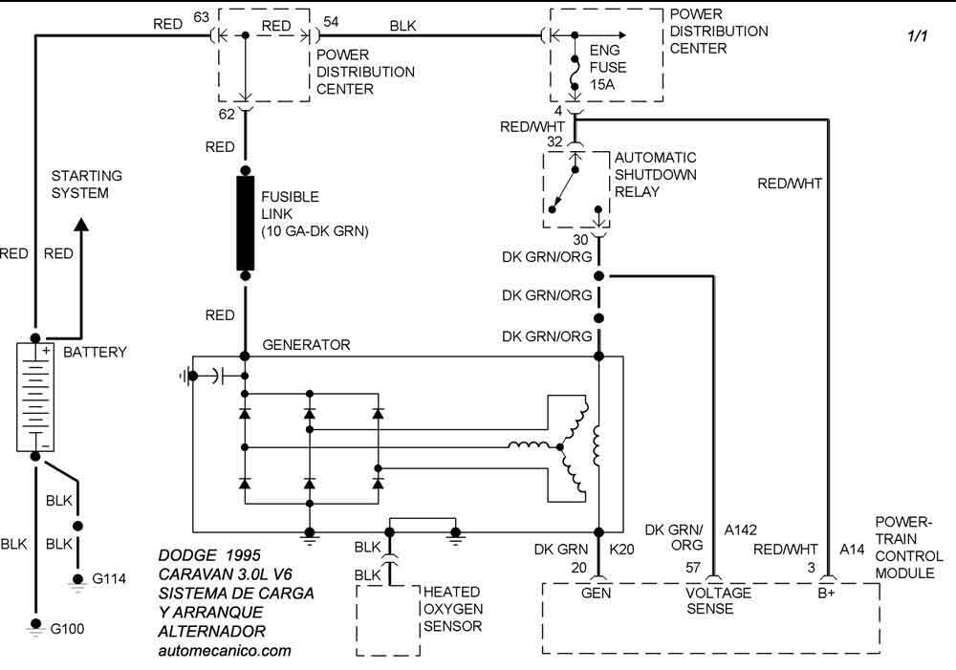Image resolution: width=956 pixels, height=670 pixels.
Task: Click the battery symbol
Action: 35,397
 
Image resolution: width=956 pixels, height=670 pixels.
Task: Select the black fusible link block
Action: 246,223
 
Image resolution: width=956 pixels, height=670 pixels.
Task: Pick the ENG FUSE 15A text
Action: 608,67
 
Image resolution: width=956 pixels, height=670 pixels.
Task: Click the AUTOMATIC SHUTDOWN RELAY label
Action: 656,175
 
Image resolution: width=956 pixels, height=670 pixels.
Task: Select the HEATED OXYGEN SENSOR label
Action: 452,610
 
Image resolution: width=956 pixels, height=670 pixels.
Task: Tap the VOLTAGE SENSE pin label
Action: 719,600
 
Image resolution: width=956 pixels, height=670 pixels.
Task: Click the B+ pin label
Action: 827,593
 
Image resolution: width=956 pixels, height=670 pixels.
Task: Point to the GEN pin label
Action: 598,593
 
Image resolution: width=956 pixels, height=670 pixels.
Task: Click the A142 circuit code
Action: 741,529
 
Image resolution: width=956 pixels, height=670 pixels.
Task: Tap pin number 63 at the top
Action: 201,16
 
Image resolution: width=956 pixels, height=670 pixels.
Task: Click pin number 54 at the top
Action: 331,20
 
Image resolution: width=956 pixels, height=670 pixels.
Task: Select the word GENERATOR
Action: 306,345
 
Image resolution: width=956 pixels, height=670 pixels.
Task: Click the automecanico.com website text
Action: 224,650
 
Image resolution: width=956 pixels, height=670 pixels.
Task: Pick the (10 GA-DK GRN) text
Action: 315,231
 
